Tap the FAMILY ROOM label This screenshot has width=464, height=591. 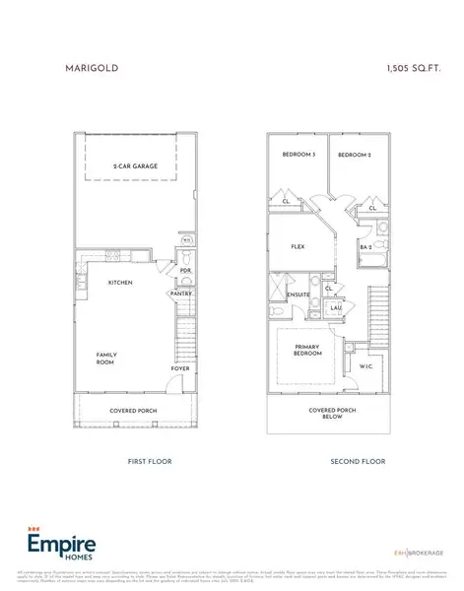106,359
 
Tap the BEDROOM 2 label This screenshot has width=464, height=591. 356,156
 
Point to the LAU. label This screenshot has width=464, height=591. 336,308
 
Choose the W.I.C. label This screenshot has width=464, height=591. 365,368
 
